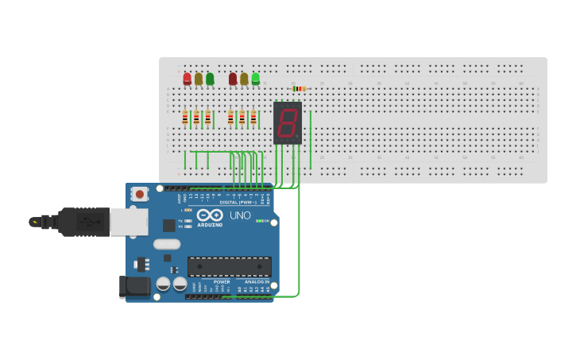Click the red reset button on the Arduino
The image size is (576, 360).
[x=140, y=193]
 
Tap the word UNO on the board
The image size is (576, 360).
[x=240, y=215]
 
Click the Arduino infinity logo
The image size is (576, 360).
[x=210, y=215]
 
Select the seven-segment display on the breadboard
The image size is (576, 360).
[x=288, y=122]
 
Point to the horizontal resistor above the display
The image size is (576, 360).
[x=299, y=88]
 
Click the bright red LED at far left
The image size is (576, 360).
[x=187, y=78]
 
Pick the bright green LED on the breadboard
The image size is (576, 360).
[x=256, y=78]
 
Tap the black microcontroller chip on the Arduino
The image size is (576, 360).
[x=229, y=266]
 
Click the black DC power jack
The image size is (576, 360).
[x=133, y=286]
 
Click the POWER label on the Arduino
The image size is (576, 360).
[x=222, y=281]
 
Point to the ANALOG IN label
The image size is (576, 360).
[x=256, y=281]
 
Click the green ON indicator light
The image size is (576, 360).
[x=261, y=221]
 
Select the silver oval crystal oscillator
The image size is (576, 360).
[x=167, y=244]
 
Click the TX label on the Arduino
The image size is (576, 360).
[x=180, y=220]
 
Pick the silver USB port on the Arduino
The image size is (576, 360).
[x=128, y=222]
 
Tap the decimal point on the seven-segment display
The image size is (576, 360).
[x=298, y=136]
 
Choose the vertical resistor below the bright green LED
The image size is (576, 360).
[x=253, y=118]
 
